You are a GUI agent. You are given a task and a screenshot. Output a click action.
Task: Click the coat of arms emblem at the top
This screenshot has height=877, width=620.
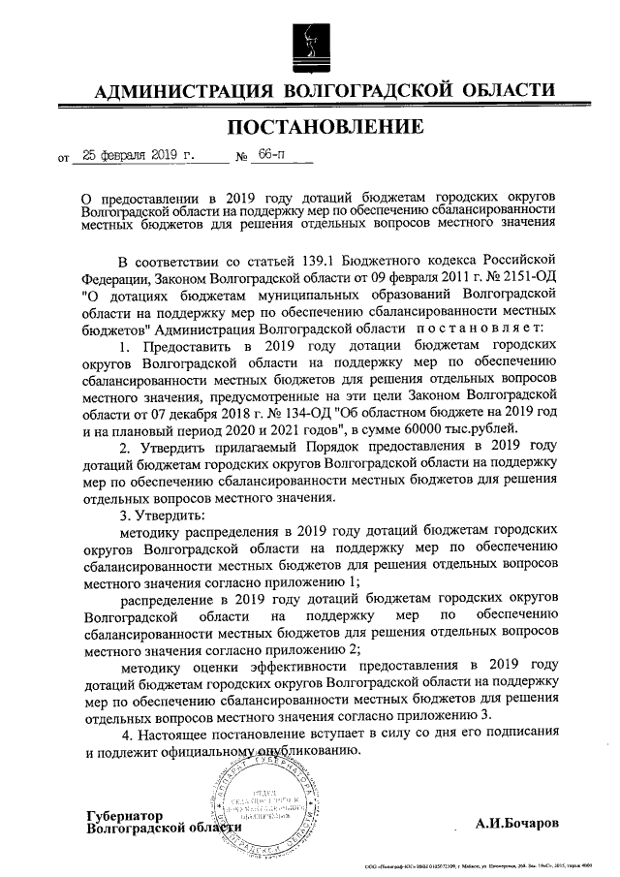coord(309,44)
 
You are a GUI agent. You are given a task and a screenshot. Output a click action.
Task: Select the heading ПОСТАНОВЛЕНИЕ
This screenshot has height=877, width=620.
coord(325,127)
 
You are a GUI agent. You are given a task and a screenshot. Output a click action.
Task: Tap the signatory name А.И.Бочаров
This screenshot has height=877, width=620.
coord(521,824)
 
